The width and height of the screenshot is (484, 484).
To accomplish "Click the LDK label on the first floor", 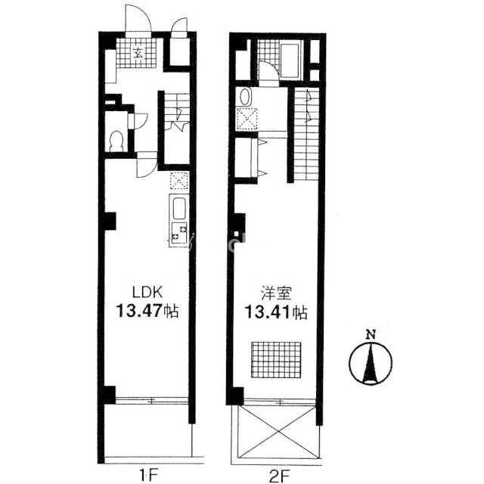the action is click(x=147, y=292).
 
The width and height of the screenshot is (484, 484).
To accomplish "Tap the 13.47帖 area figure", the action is click(x=147, y=311).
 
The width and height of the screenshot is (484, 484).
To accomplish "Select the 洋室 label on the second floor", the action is click(x=276, y=293).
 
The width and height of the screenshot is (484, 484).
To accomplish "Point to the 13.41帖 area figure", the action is click(x=276, y=312).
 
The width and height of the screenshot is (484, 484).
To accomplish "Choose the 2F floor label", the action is click(x=279, y=475).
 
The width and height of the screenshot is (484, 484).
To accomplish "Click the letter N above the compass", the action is click(x=371, y=334).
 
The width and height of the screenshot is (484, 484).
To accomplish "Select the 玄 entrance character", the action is click(x=138, y=54).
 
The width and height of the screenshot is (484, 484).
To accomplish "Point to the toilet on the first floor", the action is click(x=116, y=141).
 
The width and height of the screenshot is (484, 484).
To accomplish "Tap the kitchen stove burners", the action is click(x=179, y=233).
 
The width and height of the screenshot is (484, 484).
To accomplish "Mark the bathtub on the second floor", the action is click(x=290, y=60).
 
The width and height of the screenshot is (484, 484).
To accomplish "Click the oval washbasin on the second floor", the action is click(x=245, y=97).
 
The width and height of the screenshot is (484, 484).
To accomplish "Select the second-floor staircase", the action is click(x=306, y=134).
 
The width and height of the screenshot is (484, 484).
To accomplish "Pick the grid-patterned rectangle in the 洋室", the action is click(x=276, y=360).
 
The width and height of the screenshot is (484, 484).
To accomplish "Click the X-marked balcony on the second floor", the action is click(x=279, y=432).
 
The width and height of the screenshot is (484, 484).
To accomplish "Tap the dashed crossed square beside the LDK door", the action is click(x=179, y=181).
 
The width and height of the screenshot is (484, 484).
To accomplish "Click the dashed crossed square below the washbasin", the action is click(x=247, y=119).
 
